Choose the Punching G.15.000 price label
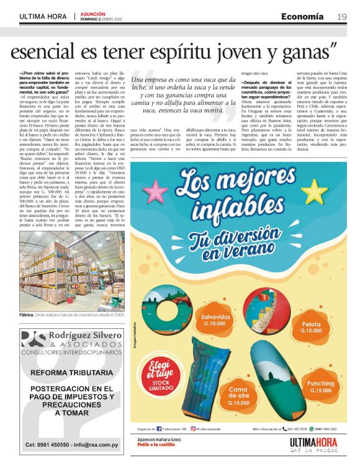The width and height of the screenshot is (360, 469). click(320, 387)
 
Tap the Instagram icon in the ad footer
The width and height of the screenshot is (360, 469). click(193, 429)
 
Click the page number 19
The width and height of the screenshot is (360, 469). click(342, 16)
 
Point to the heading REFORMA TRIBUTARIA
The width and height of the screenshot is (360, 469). click(71, 373)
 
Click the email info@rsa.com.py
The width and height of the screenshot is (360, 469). click(94, 445)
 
